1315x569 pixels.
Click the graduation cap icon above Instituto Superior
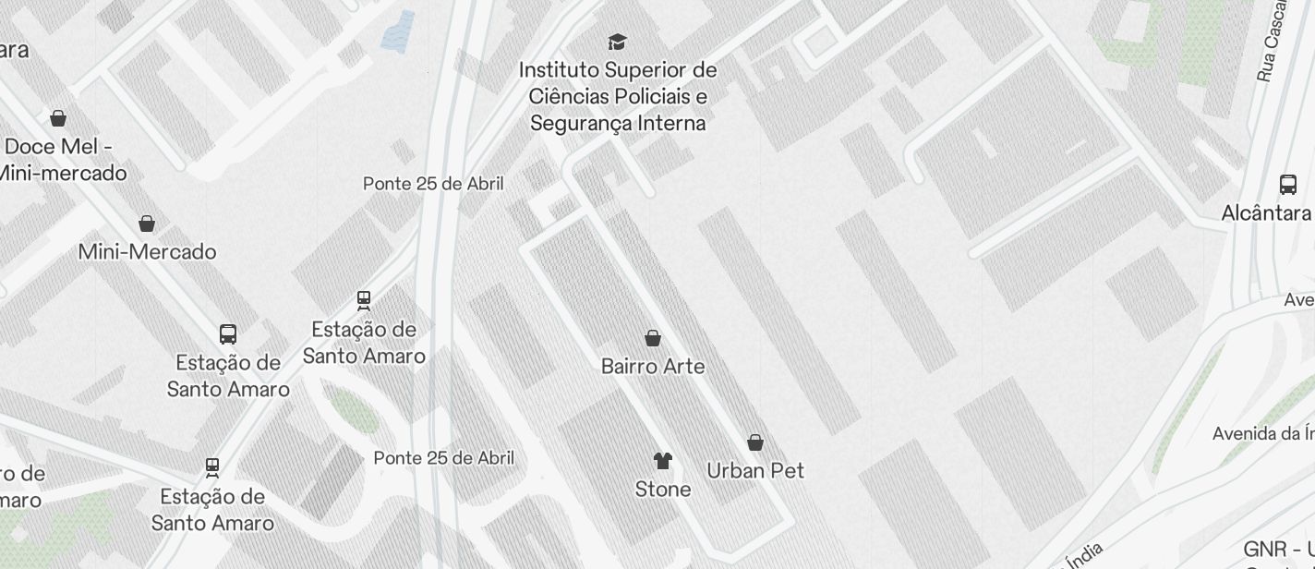tap(617, 42)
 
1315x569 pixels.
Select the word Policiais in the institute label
tap(657, 97)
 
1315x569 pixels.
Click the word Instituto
tap(558, 70)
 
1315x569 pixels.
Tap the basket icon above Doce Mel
tap(58, 118)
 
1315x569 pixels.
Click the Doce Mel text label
tap(59, 147)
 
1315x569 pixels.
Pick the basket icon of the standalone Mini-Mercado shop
tap(146, 224)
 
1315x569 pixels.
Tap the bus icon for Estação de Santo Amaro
tap(228, 334)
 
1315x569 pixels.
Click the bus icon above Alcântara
tap(1288, 184)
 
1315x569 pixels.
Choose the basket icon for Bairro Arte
tap(653, 338)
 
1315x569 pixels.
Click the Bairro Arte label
tap(653, 367)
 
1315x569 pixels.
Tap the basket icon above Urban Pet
tap(755, 442)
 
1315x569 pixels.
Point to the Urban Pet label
tap(755, 471)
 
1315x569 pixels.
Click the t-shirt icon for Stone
tap(663, 460)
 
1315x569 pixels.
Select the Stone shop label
tap(663, 490)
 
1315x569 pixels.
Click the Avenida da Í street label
tap(1263, 433)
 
